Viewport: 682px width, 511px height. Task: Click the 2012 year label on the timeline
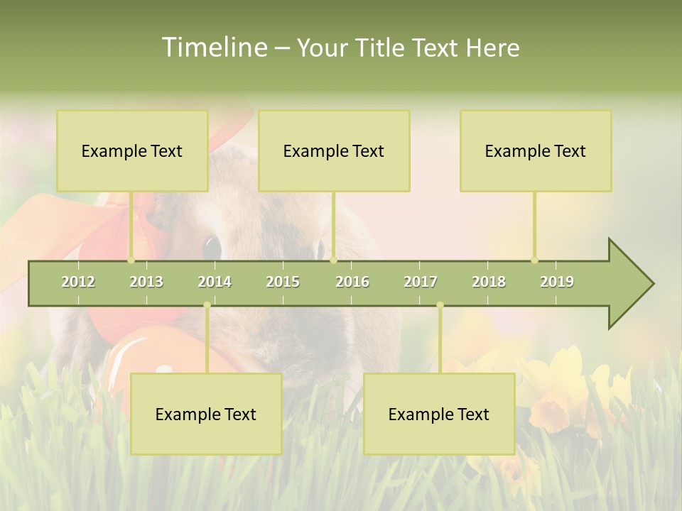coord(78,282)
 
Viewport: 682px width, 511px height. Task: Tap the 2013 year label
coord(146,282)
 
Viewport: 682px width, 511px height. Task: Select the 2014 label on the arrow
coord(215,282)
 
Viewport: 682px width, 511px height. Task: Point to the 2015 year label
coord(283,282)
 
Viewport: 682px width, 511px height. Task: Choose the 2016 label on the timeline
coord(352,282)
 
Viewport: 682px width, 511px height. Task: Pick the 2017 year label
coord(421,282)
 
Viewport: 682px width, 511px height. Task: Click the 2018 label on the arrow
coord(489,282)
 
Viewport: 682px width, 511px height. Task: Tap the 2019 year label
coord(557,282)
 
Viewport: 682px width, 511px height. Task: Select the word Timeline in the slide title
coord(213,48)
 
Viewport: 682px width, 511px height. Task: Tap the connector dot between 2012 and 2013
coord(131,260)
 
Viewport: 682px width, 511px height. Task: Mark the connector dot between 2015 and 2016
coord(333,260)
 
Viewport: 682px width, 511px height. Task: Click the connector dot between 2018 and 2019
coord(535,260)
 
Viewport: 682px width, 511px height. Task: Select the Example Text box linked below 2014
coord(206,414)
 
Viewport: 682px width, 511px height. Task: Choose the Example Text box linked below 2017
coord(439,414)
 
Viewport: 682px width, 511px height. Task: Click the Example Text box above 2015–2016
coord(334,150)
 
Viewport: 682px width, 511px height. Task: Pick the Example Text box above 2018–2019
coord(536,150)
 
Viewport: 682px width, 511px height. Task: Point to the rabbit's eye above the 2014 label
coord(212,247)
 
